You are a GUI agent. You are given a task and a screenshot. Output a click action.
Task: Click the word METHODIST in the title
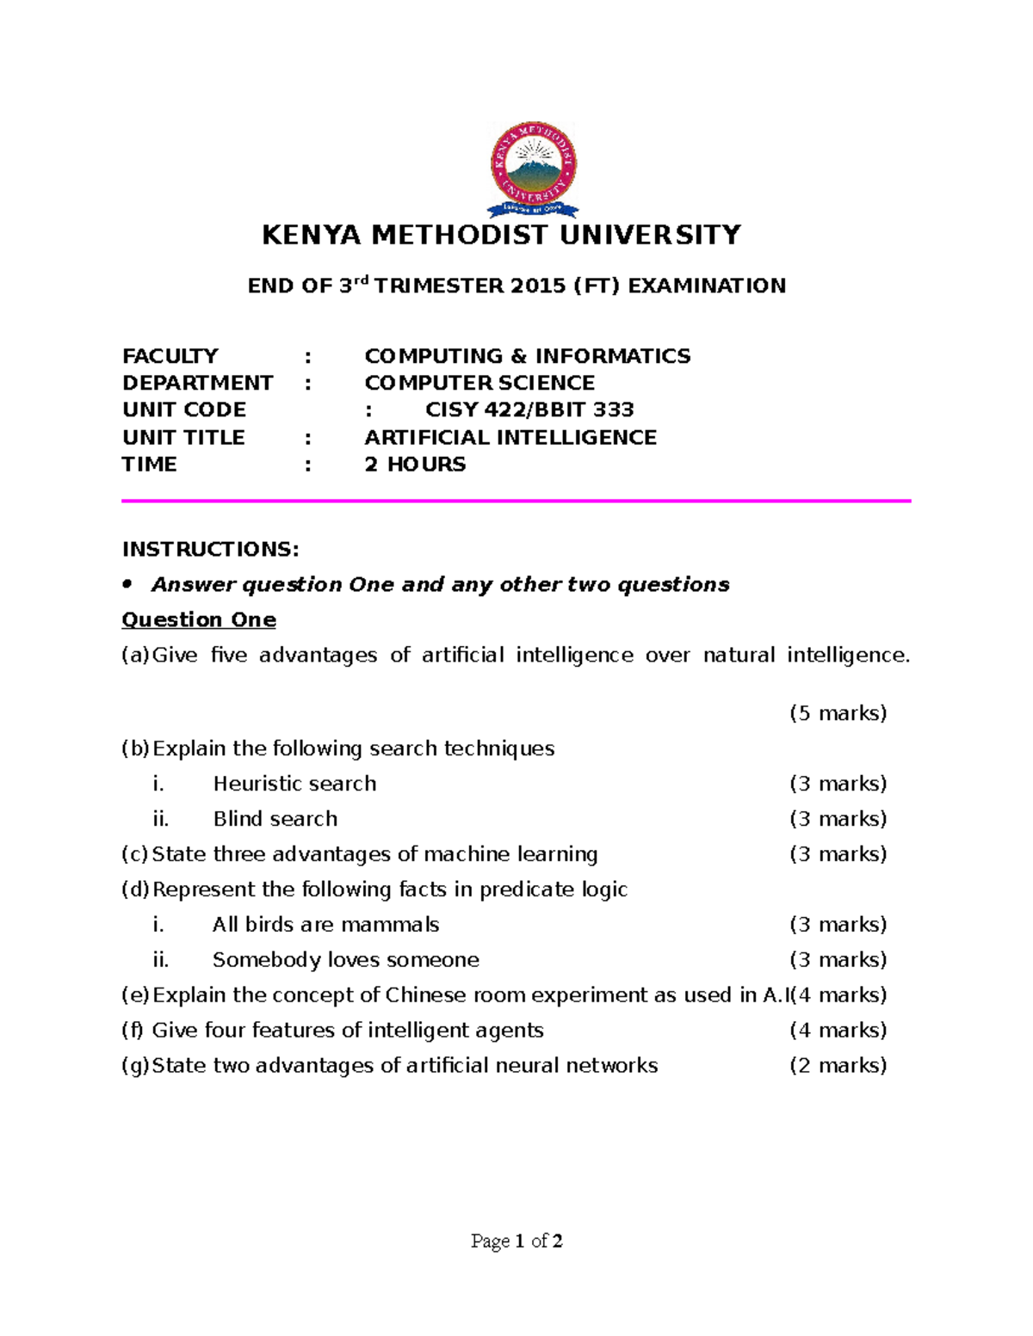[x=460, y=235]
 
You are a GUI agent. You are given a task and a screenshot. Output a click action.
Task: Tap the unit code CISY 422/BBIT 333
[x=529, y=409]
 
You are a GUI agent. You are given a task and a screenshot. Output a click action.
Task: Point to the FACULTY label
[x=170, y=356]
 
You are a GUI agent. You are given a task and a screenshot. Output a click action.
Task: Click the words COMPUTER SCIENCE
[x=479, y=383]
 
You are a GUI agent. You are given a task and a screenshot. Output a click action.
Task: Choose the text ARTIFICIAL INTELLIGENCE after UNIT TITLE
[x=510, y=437]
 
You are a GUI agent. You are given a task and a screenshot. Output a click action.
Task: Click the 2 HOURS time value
[x=415, y=465]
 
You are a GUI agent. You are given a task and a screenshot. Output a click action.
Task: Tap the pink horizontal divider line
[x=516, y=501]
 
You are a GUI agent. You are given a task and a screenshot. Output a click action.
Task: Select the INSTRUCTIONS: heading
[x=211, y=549]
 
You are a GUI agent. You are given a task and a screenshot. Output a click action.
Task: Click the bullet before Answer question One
[x=128, y=584]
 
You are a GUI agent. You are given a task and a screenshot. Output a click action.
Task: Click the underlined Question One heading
[x=199, y=619]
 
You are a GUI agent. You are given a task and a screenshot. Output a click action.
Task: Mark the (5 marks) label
[x=838, y=713]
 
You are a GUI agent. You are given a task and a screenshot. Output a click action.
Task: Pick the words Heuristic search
[x=294, y=784]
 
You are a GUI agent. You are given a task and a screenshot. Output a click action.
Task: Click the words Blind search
[x=275, y=819]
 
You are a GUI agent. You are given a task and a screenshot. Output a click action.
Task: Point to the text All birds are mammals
[x=325, y=925]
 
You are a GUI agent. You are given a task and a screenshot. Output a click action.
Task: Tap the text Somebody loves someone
[x=345, y=960]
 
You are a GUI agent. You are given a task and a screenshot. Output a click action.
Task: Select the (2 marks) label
[x=838, y=1066]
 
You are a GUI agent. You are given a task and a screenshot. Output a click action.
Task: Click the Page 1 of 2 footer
[x=516, y=1241]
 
